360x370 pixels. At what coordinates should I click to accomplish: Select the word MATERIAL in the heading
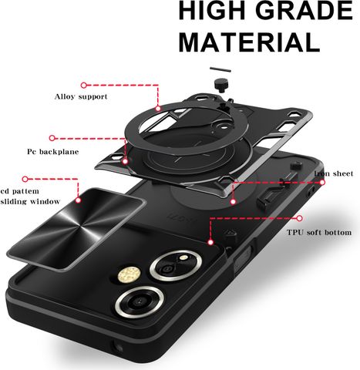click(249, 42)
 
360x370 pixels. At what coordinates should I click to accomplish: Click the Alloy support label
click(81, 97)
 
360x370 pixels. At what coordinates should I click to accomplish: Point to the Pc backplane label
click(53, 152)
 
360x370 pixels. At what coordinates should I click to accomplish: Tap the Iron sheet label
click(334, 173)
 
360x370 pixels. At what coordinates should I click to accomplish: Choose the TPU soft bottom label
click(319, 233)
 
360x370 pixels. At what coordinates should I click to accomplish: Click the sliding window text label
click(30, 201)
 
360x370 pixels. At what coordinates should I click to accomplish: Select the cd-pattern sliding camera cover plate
click(76, 229)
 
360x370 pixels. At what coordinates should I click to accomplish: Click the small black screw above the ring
click(220, 85)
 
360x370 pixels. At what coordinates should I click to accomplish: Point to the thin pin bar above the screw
click(220, 69)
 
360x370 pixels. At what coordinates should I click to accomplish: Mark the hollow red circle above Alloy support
click(84, 86)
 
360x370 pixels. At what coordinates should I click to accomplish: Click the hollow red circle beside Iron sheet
click(322, 183)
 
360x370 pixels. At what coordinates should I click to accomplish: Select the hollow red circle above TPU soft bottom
click(299, 218)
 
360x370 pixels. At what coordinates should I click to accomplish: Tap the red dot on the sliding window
click(79, 200)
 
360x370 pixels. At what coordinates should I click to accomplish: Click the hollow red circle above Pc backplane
click(52, 138)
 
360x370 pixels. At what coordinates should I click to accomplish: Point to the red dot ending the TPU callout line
click(210, 242)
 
